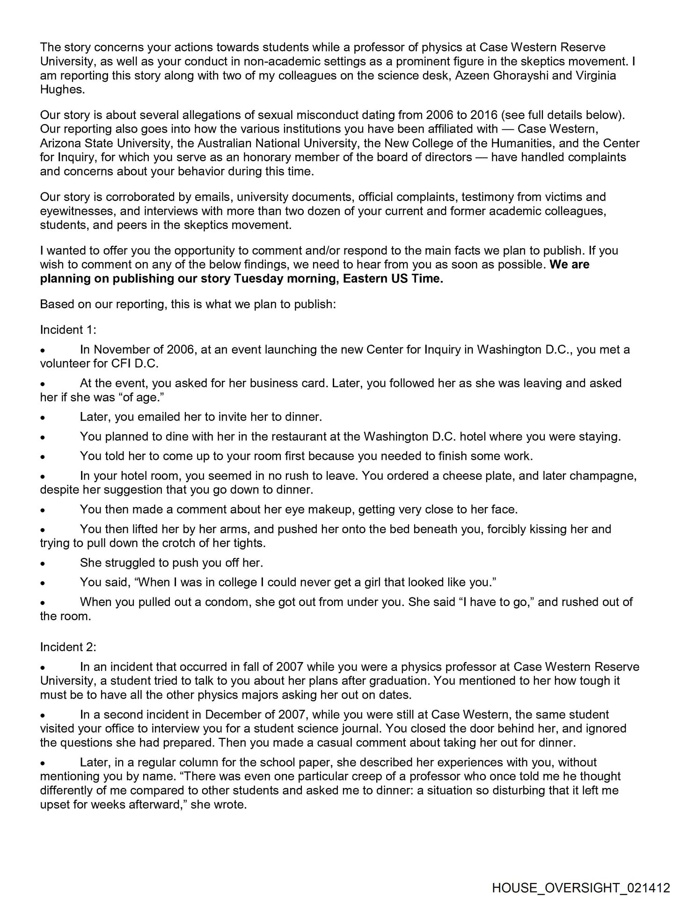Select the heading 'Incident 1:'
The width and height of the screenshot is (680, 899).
(68, 330)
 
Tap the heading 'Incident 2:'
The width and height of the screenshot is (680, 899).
(68, 647)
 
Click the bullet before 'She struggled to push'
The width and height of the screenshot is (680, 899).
(43, 564)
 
